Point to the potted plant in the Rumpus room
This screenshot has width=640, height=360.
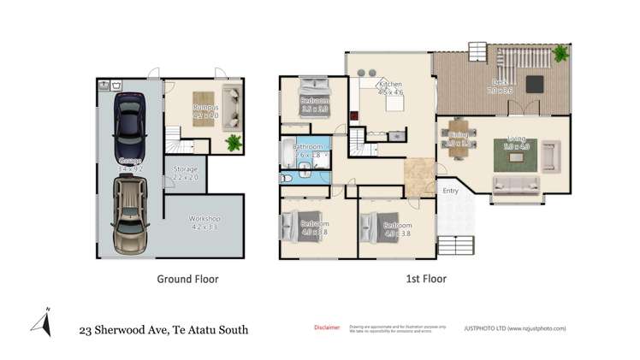(x=232, y=141)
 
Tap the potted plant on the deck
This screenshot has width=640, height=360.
(x=561, y=54)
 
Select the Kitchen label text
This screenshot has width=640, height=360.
(x=390, y=86)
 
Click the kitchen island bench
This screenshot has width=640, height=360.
(x=394, y=103)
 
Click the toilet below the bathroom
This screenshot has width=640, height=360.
(x=288, y=177)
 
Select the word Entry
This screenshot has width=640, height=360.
(x=450, y=190)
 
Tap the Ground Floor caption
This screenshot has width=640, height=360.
(x=187, y=279)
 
